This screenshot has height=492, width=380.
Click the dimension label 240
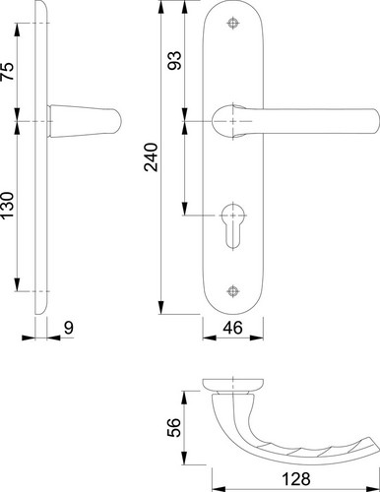click(152, 157)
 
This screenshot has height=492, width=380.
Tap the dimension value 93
click(174, 60)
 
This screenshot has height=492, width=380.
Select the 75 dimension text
click(8, 71)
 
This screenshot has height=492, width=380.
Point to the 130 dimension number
click(8, 206)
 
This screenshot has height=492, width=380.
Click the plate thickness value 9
click(69, 328)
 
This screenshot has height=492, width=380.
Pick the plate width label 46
click(232, 328)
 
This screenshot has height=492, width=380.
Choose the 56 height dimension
click(174, 427)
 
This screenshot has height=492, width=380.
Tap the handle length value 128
click(296, 479)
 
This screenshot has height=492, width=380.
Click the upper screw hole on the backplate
click(233, 23)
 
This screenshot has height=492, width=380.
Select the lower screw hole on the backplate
click(233, 291)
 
